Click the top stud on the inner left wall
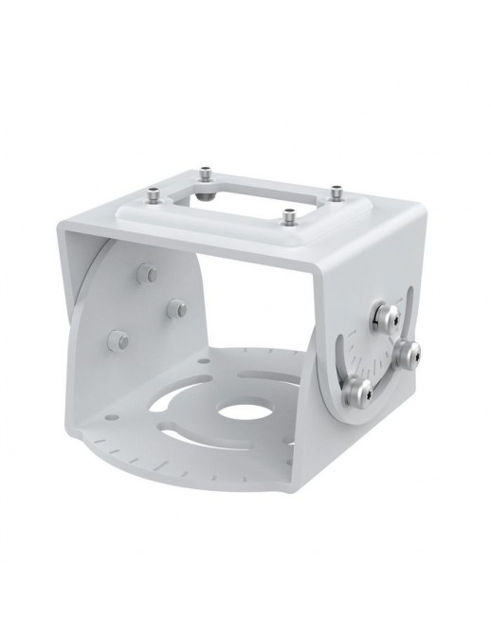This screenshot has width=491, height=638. coord(145,273)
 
